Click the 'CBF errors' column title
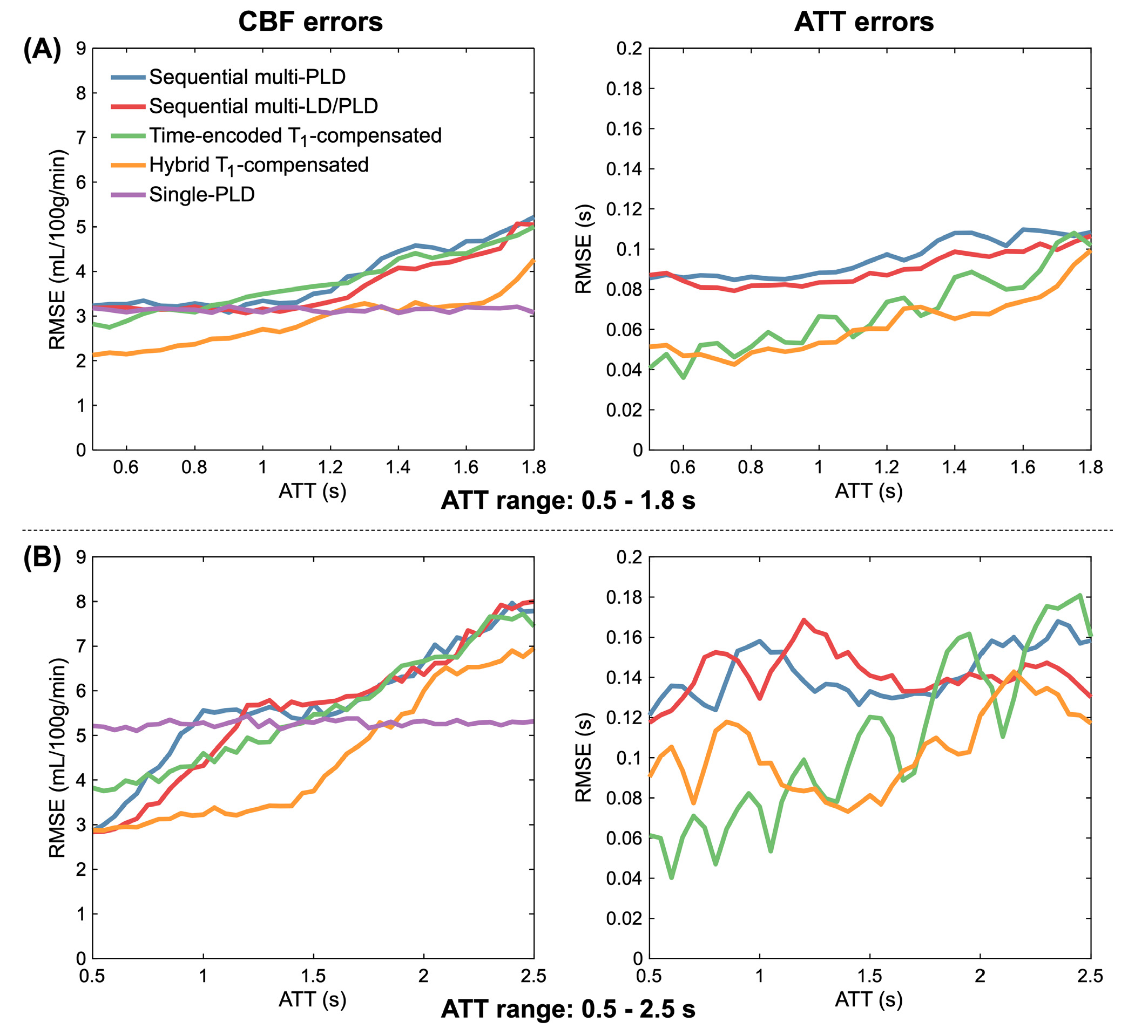click(310, 22)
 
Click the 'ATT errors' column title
click(864, 22)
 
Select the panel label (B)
click(42, 558)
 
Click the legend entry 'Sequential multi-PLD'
click(247, 77)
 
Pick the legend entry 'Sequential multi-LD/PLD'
click(264, 106)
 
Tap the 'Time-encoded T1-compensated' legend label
click(295, 136)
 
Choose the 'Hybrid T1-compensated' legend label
click(259, 166)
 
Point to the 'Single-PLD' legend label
click(202, 195)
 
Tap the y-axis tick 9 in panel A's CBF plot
click(81, 49)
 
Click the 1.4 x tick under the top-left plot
click(398, 467)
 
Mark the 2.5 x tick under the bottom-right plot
click(1091, 976)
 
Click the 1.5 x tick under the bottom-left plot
click(313, 976)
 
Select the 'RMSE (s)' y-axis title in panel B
click(584, 757)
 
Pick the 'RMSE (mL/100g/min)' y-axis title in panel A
click(57, 249)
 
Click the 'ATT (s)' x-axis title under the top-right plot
click(869, 491)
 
